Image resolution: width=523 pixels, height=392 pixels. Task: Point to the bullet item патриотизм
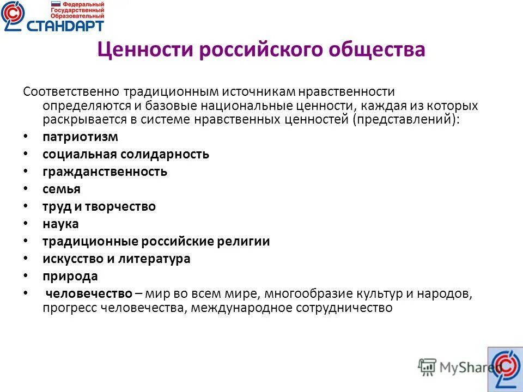(x=80, y=137)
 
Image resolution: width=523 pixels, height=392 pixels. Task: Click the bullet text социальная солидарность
(x=126, y=154)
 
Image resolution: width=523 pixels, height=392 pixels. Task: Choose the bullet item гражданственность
(x=105, y=172)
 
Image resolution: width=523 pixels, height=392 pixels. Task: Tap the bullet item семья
(x=62, y=189)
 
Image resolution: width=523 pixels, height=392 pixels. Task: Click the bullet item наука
(x=60, y=224)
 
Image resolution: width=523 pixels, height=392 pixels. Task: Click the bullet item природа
(x=70, y=276)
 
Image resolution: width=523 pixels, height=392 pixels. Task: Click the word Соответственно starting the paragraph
(x=71, y=92)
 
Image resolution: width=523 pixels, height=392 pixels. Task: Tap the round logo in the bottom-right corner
(x=505, y=369)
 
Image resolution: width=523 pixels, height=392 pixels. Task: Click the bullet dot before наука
(x=27, y=224)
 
